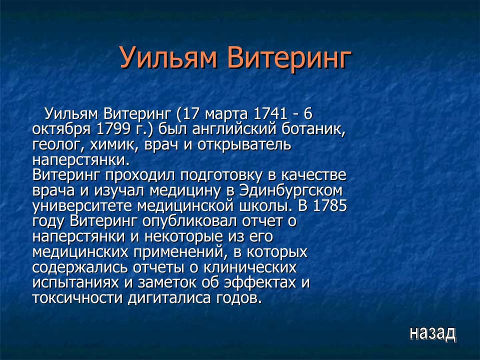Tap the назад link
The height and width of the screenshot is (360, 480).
point(432,332)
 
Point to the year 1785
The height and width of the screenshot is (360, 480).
point(330,206)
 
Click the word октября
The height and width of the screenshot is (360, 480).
point(59,129)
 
